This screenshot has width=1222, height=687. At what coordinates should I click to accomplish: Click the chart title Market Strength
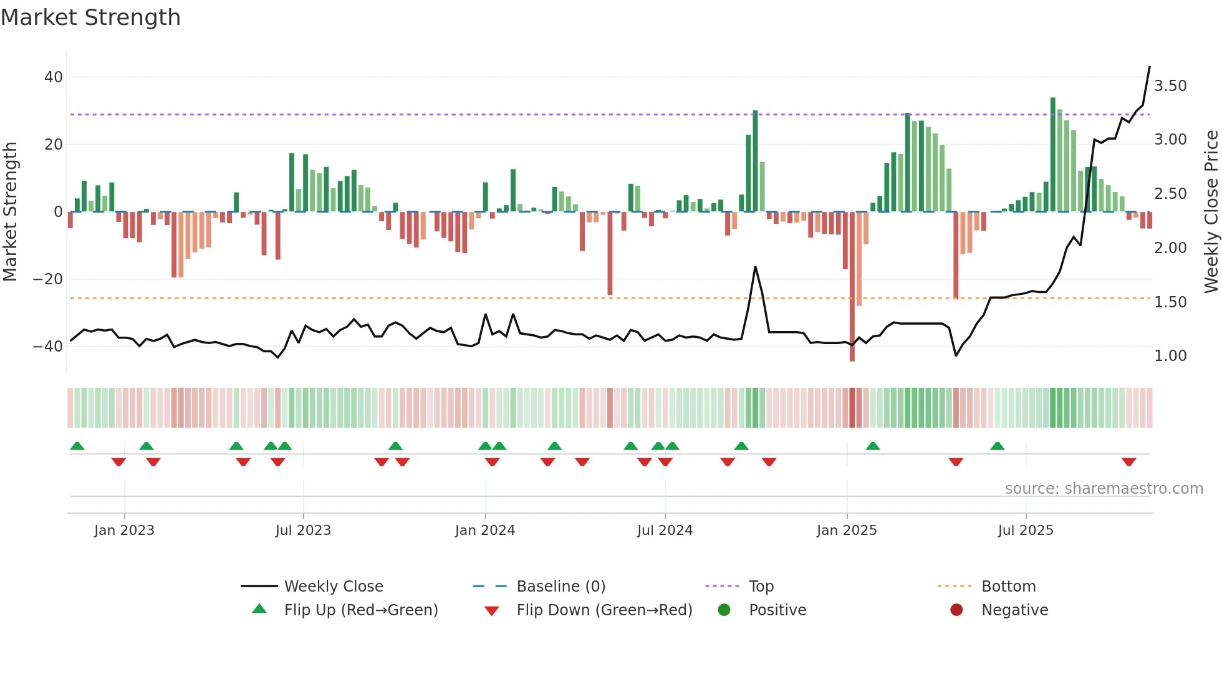90,17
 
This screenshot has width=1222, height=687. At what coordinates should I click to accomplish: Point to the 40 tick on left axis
53,77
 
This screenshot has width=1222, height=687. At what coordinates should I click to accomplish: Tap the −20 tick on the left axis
47,279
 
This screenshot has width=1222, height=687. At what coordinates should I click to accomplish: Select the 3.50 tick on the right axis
1170,86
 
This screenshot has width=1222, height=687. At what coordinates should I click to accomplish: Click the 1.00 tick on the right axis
1170,356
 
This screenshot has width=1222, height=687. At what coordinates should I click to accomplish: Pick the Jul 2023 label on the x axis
303,531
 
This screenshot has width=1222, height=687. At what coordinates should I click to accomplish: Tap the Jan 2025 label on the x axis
847,531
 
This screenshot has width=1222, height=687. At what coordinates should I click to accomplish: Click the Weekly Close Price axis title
1211,212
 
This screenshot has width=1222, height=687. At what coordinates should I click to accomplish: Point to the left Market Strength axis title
10,212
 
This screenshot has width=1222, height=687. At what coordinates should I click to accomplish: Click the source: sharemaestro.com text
1104,489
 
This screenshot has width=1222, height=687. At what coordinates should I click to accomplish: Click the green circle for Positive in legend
724,610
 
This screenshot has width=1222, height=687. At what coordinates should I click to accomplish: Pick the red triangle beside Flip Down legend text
491,611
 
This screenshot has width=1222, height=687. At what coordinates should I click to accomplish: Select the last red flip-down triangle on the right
1128,462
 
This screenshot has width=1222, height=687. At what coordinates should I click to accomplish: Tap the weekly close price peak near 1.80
755,267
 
